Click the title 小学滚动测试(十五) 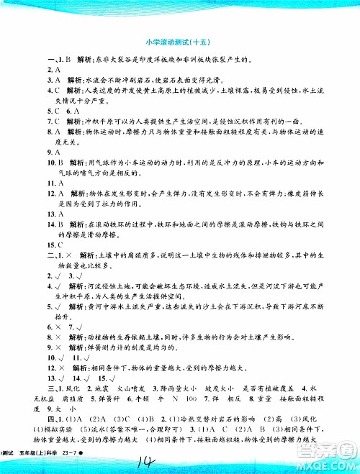[x=180, y=42]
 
